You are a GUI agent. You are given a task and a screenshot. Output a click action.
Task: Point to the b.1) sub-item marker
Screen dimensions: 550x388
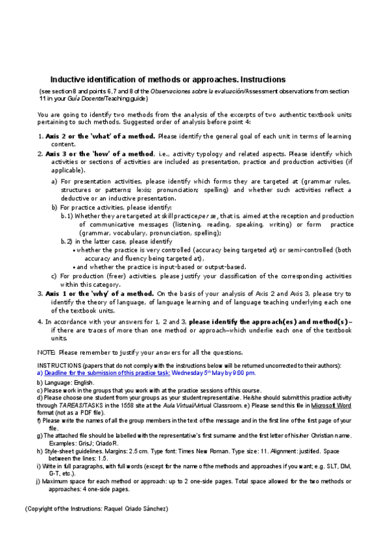pos(67,216)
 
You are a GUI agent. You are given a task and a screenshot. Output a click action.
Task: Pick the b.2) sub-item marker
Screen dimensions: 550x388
pos(67,241)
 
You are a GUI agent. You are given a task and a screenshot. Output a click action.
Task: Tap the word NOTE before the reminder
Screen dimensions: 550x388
pos(46,352)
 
